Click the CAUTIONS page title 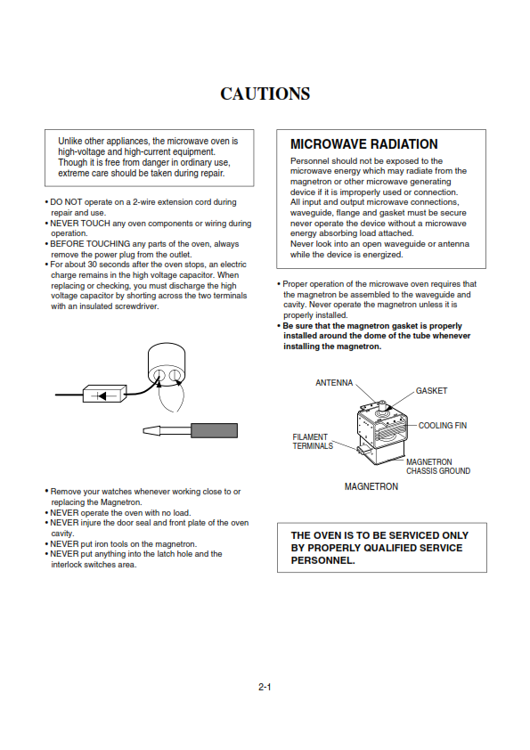tap(265, 94)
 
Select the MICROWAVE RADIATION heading tap(364, 144)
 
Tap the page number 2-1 tap(265, 688)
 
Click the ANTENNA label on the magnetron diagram tap(334, 383)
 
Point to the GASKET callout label tap(431, 391)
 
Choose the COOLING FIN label tap(443, 425)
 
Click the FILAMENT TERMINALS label tap(313, 442)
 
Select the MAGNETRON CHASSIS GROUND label tap(438, 467)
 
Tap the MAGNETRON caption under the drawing tap(371, 486)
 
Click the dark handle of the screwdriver tap(215, 430)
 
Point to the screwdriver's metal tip tap(152, 430)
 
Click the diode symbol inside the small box tap(102, 395)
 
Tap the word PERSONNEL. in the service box tap(322, 560)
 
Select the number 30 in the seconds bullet tap(93, 265)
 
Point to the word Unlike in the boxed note tap(69, 141)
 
